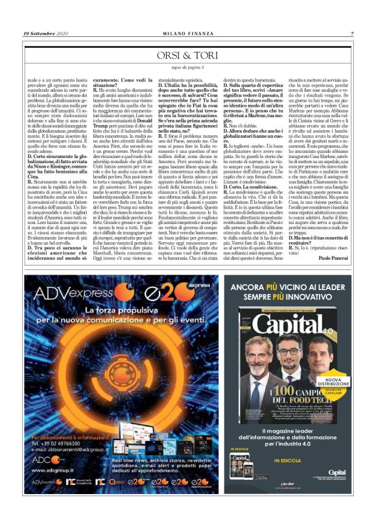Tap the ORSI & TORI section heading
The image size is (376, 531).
coord(188,56)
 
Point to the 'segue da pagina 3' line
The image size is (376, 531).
coord(188,67)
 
